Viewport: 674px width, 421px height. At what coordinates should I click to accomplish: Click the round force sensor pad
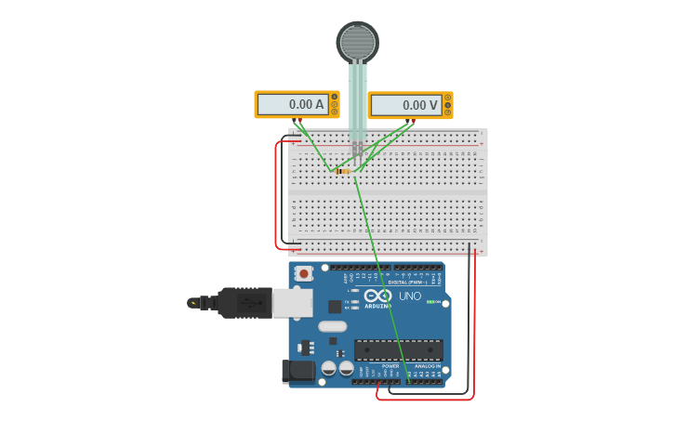(357, 42)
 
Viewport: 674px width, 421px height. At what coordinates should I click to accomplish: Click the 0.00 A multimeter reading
(292, 105)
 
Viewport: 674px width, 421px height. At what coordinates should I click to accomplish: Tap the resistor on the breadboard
(342, 171)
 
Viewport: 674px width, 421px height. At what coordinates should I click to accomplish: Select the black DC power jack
(298, 371)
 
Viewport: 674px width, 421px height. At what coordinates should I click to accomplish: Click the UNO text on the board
(410, 296)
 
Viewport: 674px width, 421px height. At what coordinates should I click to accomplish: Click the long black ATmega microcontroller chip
(398, 349)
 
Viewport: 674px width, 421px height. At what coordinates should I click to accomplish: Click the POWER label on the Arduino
(390, 366)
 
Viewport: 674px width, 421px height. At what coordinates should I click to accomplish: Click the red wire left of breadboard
(276, 195)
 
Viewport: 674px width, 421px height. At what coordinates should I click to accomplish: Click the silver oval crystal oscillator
(332, 326)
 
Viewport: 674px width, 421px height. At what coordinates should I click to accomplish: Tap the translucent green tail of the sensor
(358, 98)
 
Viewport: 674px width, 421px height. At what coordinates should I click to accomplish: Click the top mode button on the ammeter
(334, 97)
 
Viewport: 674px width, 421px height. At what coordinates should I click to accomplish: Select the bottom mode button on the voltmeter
(448, 112)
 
